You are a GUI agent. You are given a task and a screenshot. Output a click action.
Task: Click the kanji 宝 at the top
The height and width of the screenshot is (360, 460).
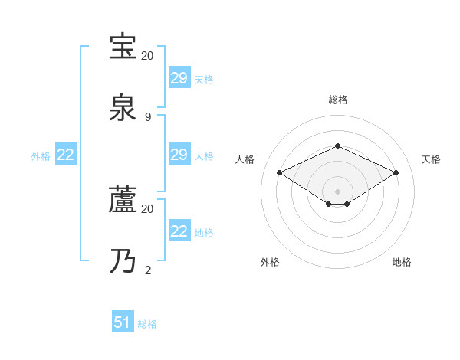pos(123,47)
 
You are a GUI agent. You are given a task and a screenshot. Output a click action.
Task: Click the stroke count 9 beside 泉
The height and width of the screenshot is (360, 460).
pos(148,117)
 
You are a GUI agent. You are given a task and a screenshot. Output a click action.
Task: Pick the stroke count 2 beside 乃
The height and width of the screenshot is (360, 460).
pos(148,270)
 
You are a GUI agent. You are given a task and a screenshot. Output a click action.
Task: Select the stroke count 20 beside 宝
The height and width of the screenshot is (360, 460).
pos(148,56)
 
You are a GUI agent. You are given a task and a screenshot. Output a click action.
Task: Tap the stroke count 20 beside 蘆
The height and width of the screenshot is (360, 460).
pos(148,208)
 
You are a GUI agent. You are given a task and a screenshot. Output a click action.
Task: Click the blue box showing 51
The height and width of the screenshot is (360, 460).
pos(123,322)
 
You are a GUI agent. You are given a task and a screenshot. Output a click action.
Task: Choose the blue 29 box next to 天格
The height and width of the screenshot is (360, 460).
pos(179,78)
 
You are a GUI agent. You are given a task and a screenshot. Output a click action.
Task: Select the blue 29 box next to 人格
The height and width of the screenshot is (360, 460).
pos(179,155)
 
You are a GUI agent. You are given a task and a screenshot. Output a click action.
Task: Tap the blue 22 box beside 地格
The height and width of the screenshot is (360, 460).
pos(179,231)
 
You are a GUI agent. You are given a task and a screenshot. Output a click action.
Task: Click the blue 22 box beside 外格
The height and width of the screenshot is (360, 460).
pos(66,155)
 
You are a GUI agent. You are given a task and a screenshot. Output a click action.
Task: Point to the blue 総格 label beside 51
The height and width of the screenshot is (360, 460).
pos(147,324)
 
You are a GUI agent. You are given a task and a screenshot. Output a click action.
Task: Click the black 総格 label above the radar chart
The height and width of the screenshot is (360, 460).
pos(337,100)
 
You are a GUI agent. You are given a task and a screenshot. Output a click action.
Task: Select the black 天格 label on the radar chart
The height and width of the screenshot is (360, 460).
pos(432,159)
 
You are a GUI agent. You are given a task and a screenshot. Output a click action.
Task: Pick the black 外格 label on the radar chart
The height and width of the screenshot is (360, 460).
pos(270,262)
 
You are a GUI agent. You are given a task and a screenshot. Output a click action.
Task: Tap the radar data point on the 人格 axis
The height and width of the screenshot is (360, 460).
pos(280,173)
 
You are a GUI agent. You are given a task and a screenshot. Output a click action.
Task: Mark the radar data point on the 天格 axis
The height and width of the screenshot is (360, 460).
pos(396,173)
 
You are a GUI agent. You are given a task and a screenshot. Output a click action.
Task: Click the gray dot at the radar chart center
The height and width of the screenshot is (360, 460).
pos(337,191)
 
